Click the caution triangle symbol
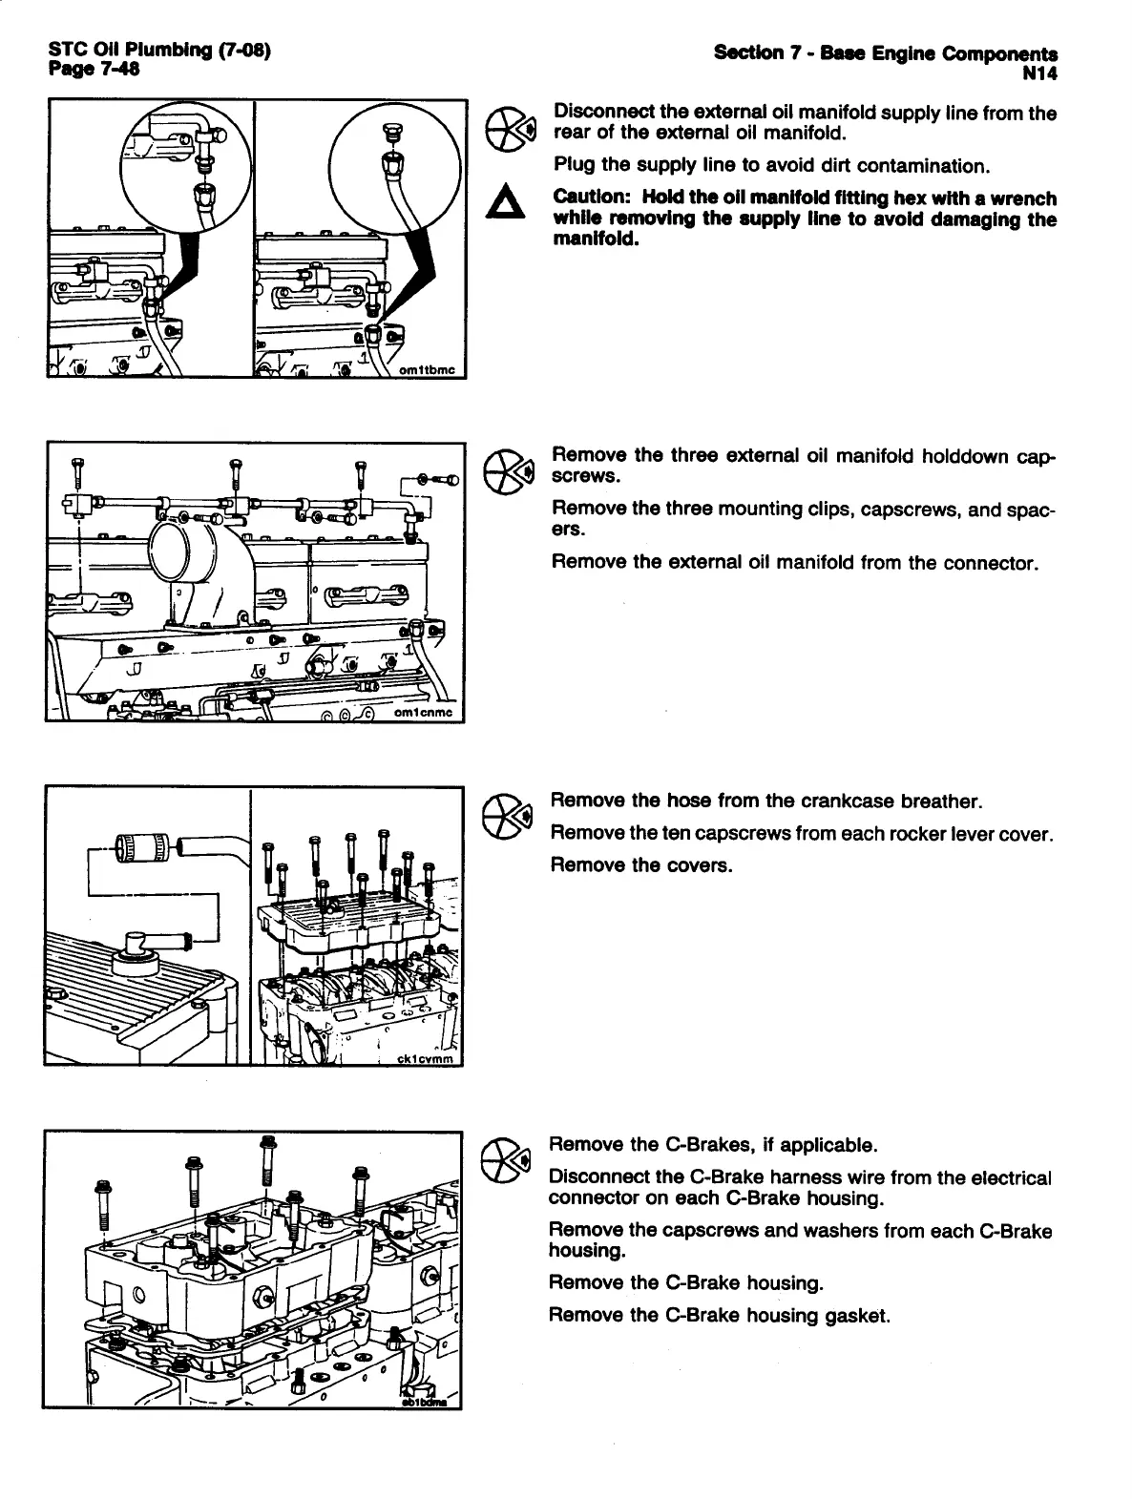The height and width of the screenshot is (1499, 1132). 506,205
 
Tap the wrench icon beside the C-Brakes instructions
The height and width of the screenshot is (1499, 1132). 504,1159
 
